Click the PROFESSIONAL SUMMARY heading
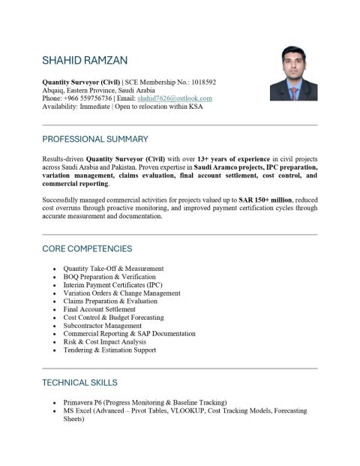tap(95, 139)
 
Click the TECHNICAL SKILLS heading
tap(79, 383)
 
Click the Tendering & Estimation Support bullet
tap(109, 350)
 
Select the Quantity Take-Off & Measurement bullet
tap(113, 269)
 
